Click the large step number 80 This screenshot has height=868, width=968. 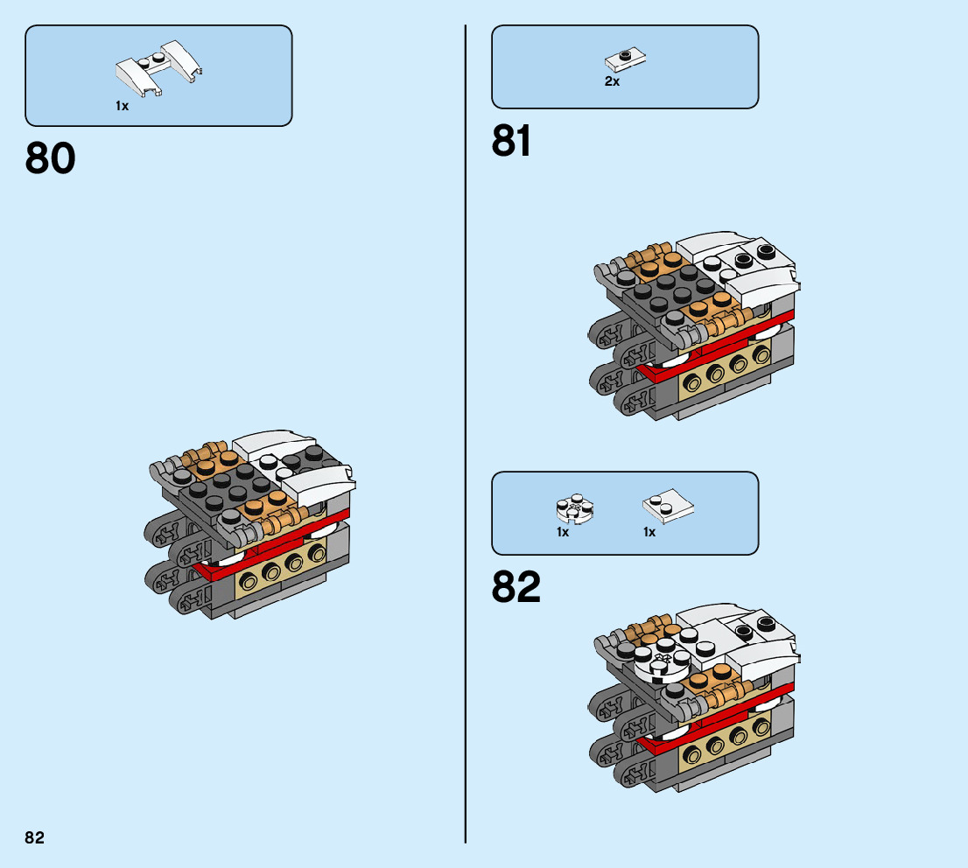tap(51, 159)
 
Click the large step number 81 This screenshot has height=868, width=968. tap(512, 141)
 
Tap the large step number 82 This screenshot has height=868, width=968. tap(516, 588)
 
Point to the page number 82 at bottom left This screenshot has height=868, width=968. tap(34, 837)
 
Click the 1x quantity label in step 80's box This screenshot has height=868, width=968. tap(122, 106)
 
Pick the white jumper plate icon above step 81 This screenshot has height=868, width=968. tap(625, 59)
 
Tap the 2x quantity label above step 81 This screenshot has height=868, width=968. tap(612, 81)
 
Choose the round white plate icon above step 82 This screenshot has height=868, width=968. tap(573, 509)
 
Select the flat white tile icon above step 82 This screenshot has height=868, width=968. tap(668, 507)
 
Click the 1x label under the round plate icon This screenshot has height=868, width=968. tap(563, 532)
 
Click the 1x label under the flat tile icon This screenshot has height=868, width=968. tap(649, 532)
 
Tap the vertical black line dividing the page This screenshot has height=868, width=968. tap(466, 437)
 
